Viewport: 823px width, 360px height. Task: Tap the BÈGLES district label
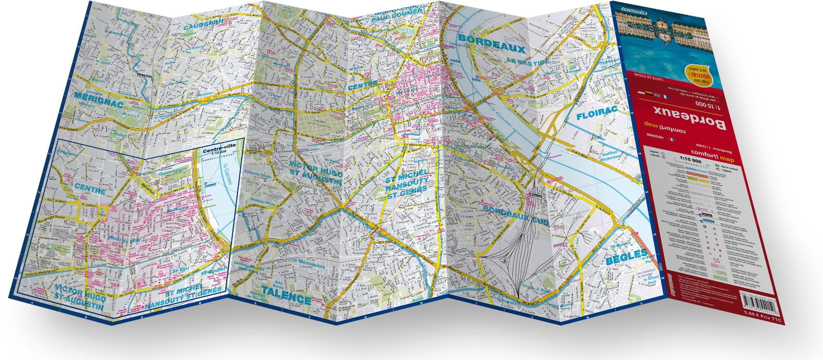(627, 254)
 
